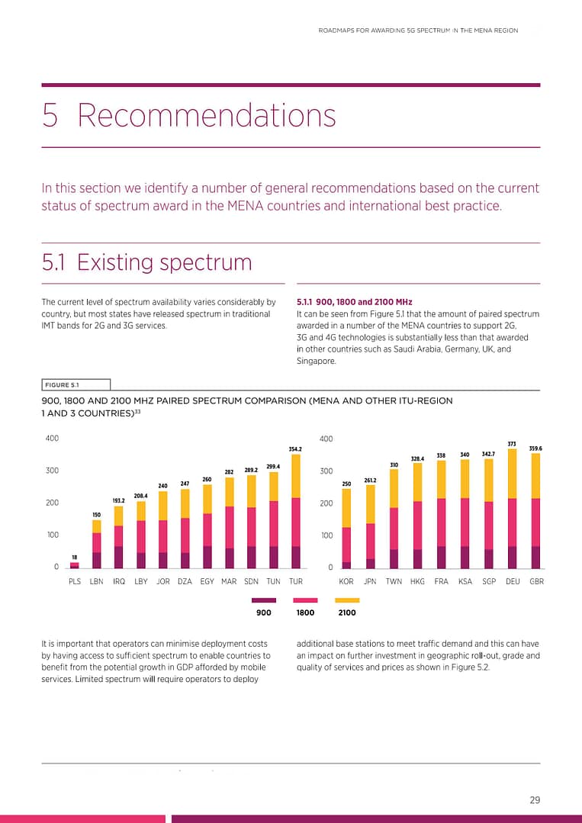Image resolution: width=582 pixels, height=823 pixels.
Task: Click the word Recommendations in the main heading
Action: coord(207,116)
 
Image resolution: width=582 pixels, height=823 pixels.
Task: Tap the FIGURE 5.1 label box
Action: coord(76,384)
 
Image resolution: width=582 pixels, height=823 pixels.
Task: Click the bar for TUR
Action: coord(296,511)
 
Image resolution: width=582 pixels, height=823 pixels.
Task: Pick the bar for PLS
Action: coord(75,565)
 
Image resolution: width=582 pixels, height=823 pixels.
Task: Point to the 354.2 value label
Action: coord(296,448)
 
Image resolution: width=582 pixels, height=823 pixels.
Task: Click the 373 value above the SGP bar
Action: coord(512,443)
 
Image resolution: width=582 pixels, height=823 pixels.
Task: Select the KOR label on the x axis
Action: coord(346,581)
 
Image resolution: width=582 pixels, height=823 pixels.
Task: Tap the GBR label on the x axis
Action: coord(536,581)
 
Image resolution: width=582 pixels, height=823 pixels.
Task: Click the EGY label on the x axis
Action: coord(207,581)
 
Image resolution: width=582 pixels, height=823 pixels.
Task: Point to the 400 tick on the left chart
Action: coord(52,439)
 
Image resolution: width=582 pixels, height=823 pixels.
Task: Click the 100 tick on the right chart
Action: coord(326,535)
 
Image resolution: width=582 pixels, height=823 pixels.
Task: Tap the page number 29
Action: coord(535,800)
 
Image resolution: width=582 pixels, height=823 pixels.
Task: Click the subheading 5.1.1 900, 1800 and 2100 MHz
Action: coord(353,302)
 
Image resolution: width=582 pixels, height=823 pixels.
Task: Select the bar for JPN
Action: coord(370,526)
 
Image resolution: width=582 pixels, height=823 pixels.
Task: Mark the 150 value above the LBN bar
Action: coord(97,515)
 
